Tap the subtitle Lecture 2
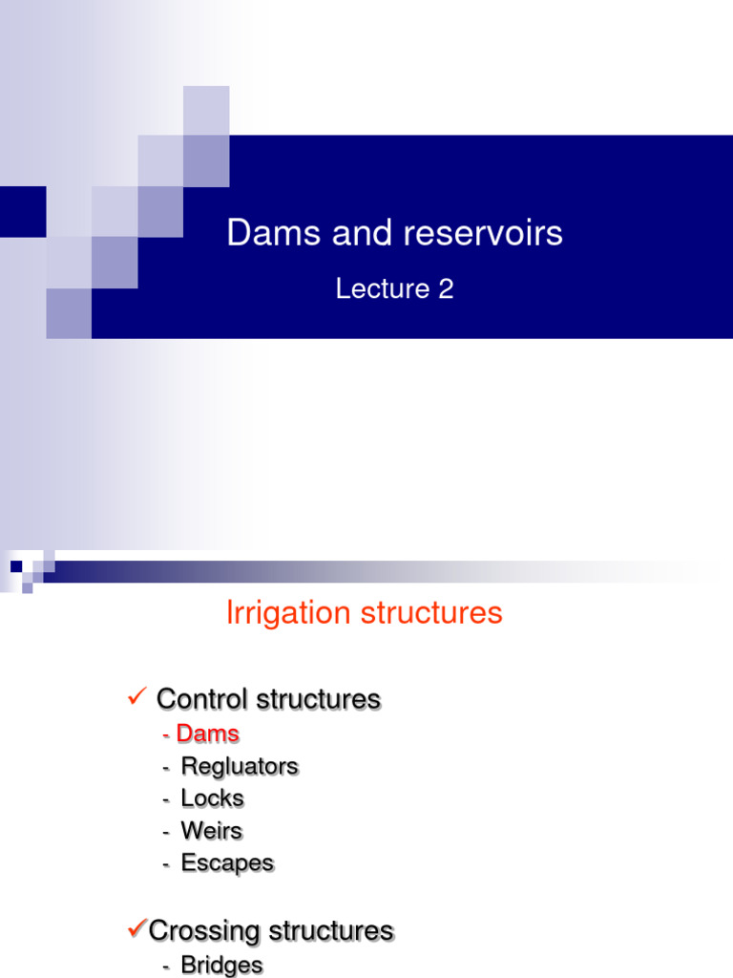394,289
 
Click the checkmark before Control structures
136,698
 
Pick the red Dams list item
207,734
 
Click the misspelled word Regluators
240,766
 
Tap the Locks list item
212,798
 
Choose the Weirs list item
211,831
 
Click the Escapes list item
227,863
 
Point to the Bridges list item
221,966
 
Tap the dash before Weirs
166,832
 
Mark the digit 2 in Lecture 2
446,289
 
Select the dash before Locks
166,799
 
